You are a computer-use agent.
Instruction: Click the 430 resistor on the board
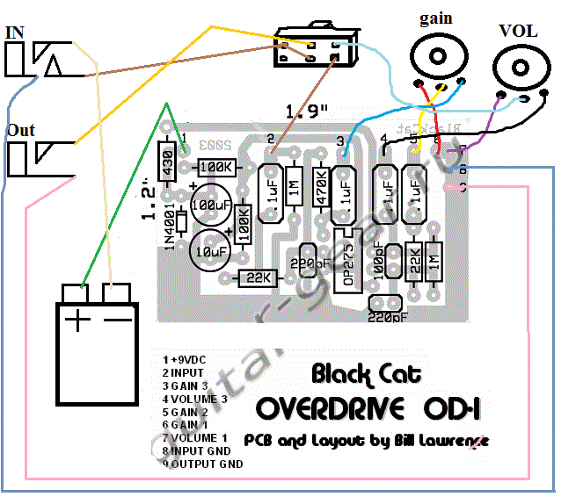tap(164, 162)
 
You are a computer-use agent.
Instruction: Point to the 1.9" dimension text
tap(308, 112)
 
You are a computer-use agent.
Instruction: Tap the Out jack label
tap(20, 130)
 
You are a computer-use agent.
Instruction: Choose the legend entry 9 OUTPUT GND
tap(203, 463)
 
